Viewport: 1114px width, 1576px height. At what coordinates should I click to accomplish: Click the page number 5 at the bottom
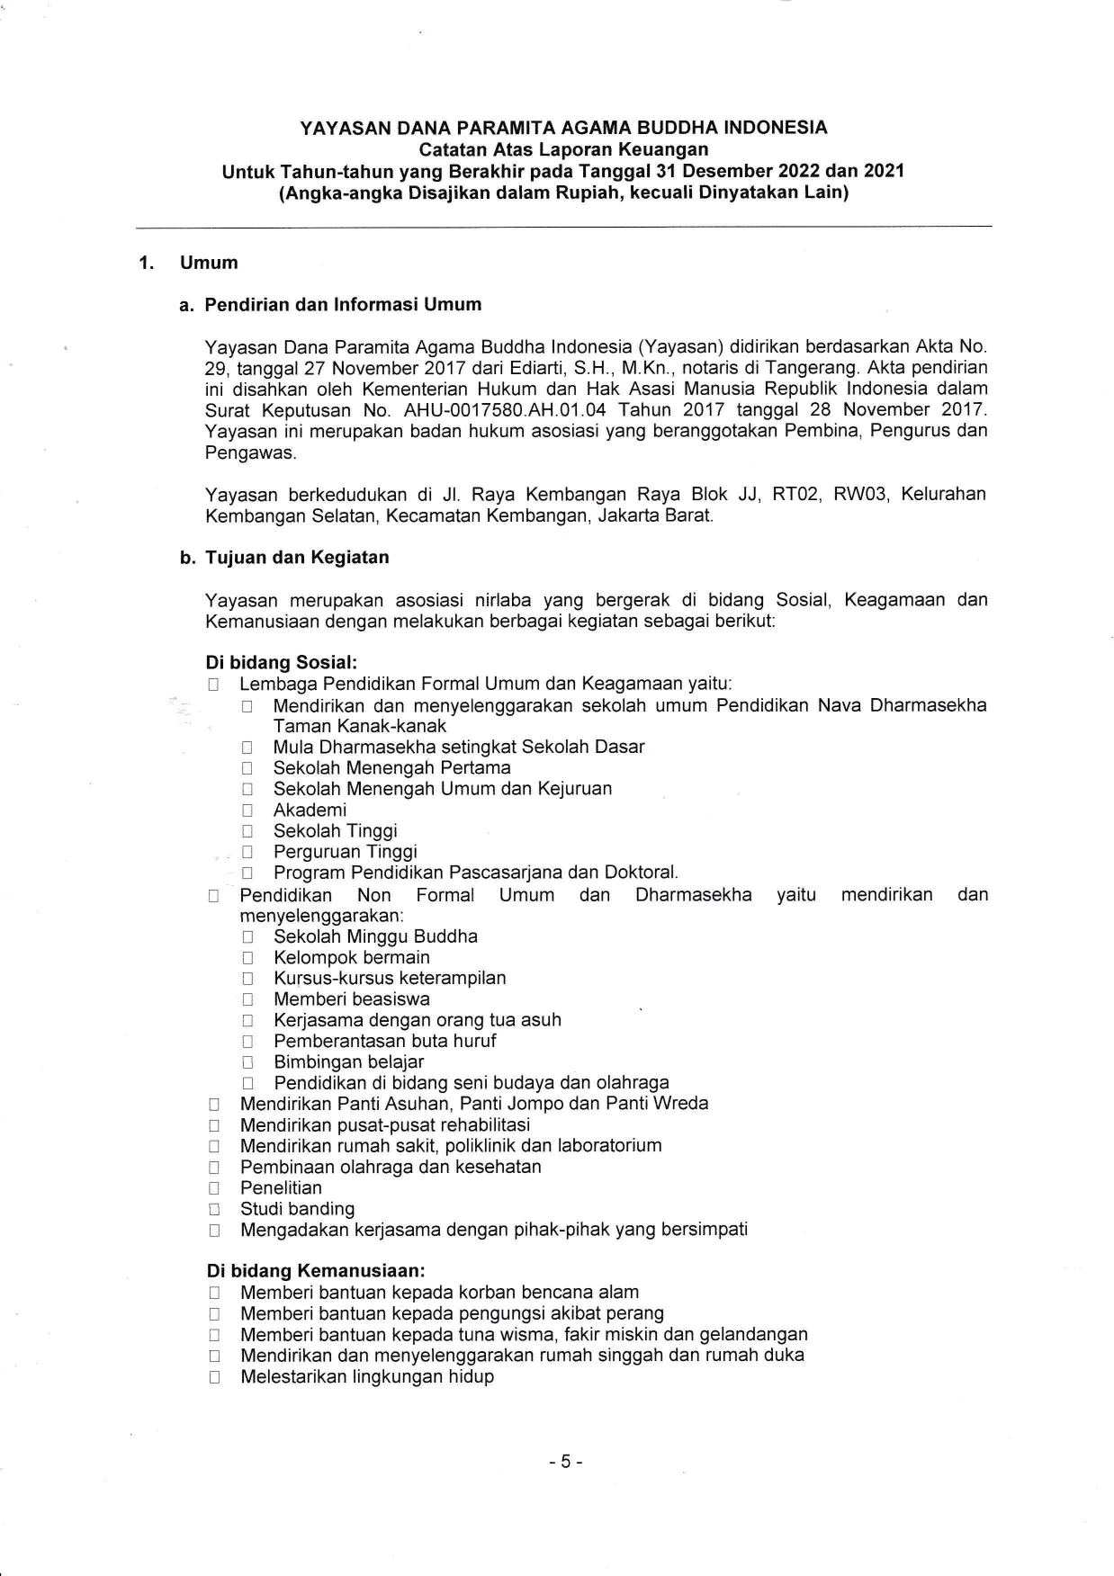point(566,1462)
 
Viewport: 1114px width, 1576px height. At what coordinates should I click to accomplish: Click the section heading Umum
point(209,263)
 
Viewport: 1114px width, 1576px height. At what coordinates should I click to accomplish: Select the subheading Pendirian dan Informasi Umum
point(343,304)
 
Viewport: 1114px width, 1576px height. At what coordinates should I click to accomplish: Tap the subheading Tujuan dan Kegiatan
point(297,557)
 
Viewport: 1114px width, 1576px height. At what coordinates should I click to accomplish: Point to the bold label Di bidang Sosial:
point(282,662)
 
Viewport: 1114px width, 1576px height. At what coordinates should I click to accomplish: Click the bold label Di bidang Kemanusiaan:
point(315,1271)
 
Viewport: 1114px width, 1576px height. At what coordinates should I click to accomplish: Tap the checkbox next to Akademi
point(247,810)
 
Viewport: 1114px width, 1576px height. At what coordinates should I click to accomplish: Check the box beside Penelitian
point(213,1188)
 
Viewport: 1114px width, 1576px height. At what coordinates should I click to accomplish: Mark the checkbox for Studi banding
point(213,1210)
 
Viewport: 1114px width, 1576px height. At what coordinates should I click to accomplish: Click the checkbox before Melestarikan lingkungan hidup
point(213,1378)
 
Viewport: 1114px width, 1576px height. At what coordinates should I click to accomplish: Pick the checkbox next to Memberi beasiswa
point(247,999)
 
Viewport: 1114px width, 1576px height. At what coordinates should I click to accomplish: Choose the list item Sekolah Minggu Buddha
point(375,936)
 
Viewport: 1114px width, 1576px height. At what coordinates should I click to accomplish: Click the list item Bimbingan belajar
point(348,1061)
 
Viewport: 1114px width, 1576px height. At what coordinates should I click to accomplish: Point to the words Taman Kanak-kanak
point(360,726)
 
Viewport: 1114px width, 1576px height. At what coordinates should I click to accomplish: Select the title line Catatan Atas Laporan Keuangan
point(563,149)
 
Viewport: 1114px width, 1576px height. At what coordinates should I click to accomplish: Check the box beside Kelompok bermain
point(247,958)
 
